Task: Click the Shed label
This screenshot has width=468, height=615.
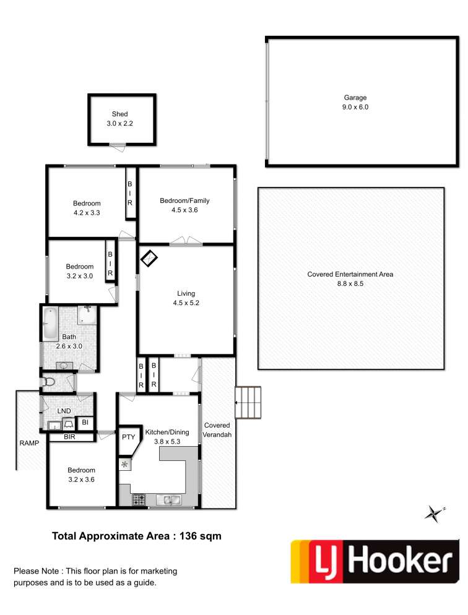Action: pos(119,114)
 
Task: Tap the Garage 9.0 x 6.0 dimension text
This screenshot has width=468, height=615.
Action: pos(355,107)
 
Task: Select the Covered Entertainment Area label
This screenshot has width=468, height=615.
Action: pos(350,275)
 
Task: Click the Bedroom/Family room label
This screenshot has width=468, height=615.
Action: pos(184,201)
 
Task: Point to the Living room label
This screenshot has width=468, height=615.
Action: pos(186,293)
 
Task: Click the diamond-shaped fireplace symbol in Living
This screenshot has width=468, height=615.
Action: pos(149,259)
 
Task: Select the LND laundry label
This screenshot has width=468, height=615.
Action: pos(64,411)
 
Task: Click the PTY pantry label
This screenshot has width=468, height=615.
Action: pos(128,437)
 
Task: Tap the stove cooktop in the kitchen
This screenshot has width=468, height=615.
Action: pos(139,500)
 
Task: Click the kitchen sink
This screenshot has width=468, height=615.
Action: pos(168,500)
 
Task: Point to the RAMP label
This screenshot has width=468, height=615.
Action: pos(30,443)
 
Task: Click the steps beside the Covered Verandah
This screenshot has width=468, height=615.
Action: pos(248,402)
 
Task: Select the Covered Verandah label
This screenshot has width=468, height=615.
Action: pos(217,430)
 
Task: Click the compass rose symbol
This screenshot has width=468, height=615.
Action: pos(435,514)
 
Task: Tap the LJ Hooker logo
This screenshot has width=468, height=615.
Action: pos(375,561)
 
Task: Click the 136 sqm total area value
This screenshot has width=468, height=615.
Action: pos(201,536)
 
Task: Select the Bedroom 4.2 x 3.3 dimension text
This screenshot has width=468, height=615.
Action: pos(87,213)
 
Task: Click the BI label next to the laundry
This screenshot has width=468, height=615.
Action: pos(85,423)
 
